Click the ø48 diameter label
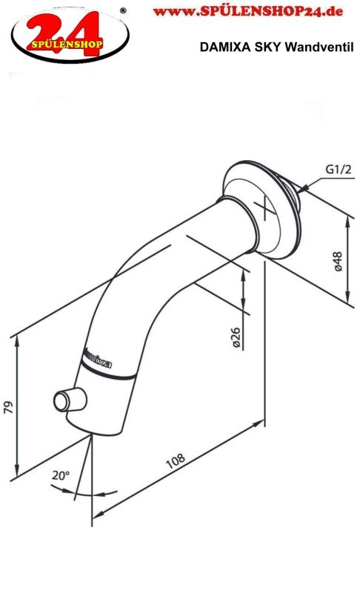(x=337, y=262)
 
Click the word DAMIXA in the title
(x=224, y=47)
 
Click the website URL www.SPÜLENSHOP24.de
(x=241, y=12)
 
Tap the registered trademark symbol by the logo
(x=123, y=10)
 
